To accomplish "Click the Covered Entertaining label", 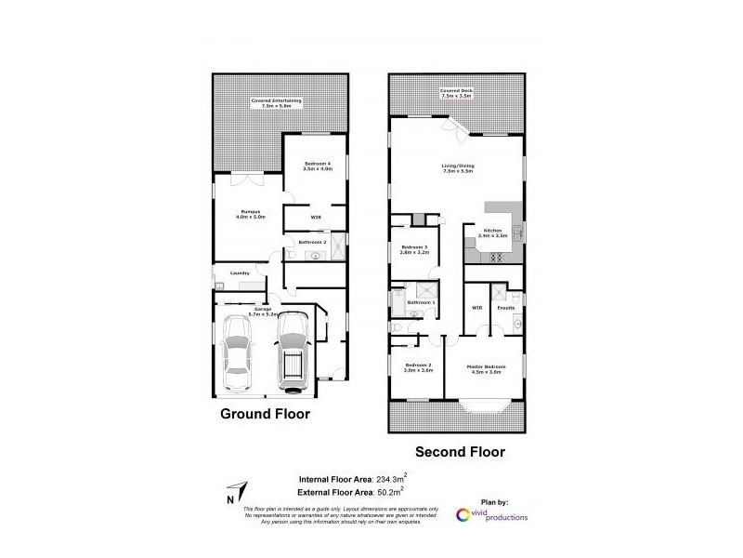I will point(276,103).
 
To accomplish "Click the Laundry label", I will point(238,272).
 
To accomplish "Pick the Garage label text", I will point(265,311).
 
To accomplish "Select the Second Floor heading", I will point(459,453).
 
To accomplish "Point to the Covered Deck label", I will point(457,93).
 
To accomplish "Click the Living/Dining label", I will point(457,168).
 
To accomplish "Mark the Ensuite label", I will point(507,306).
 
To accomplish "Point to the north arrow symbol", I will point(238,491).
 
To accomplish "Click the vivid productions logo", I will point(492,514).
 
